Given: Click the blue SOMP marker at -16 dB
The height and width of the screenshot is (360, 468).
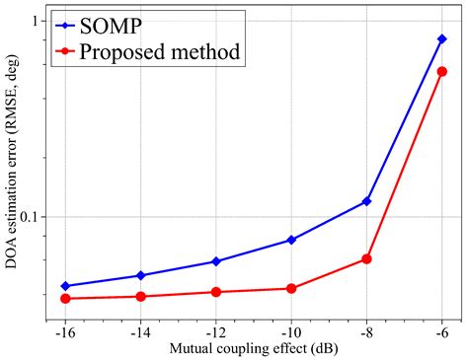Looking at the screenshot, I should coord(65,286).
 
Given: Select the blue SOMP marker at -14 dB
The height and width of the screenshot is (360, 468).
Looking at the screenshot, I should coord(140,275).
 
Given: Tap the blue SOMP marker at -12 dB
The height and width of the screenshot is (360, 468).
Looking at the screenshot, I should coord(216,261).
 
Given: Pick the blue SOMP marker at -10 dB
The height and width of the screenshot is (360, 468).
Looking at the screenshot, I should coord(291,240).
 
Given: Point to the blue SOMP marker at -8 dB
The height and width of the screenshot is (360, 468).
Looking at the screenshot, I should coord(366,201).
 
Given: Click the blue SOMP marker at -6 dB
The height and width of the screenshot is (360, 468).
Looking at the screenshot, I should coord(441,39).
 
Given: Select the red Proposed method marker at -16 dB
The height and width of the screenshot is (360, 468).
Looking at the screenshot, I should coord(65,298).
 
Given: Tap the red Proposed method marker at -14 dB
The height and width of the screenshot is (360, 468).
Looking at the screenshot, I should coord(140,296).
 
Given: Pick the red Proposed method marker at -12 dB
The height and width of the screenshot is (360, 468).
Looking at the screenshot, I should coord(216,292).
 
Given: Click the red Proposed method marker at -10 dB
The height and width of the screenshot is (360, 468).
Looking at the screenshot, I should coord(291,288).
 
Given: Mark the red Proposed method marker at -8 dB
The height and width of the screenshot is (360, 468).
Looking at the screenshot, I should coord(366,258).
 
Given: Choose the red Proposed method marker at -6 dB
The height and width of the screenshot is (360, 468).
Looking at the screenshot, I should coord(441,71).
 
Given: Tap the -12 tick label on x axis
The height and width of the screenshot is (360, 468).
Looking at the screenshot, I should coord(215,331).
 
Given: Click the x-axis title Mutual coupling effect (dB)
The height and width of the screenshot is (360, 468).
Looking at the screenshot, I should coord(253,348).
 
